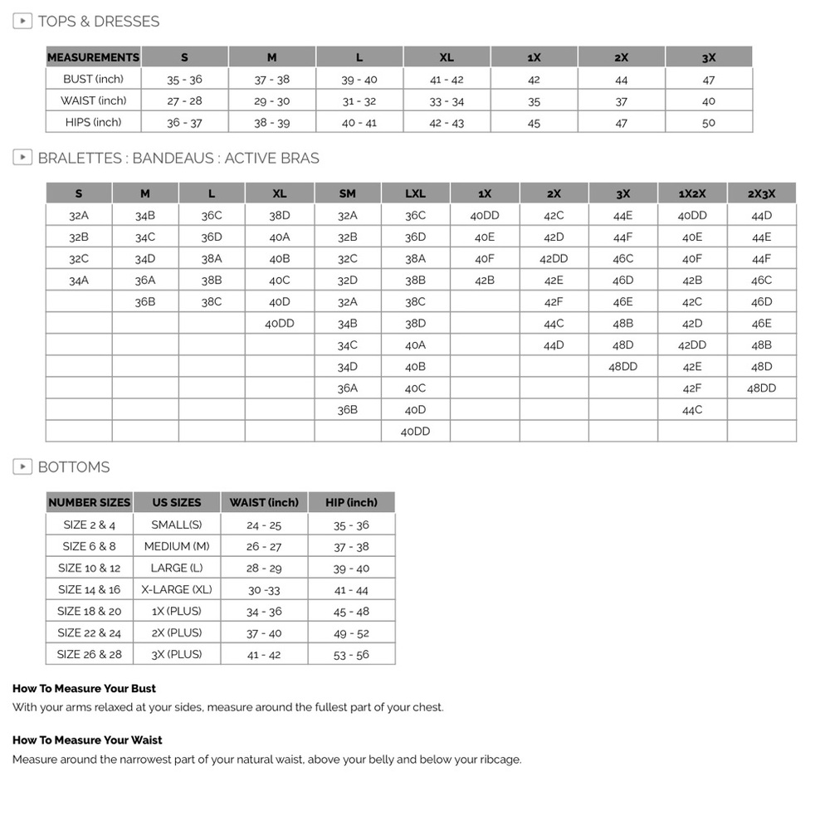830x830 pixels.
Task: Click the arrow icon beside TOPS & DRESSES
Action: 22,21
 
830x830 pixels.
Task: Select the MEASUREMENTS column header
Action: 93,57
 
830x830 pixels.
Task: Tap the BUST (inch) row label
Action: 93,80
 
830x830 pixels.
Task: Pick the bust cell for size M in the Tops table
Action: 272,80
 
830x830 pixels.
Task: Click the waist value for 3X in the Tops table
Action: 708,101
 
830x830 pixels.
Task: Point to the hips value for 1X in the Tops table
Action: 534,123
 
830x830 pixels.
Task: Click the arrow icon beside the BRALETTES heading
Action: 22,158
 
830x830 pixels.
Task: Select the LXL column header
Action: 415,193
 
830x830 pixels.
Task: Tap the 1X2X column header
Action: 692,193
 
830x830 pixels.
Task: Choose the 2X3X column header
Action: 761,193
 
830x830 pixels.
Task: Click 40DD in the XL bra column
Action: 280,324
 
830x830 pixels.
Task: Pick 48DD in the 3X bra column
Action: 622,367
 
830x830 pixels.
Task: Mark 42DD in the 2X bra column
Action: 554,259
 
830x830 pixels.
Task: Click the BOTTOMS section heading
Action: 73,467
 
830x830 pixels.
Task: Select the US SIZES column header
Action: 177,503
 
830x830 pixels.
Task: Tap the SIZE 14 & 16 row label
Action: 89,589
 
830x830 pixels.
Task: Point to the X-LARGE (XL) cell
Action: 177,589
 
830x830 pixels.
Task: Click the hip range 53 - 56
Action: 351,655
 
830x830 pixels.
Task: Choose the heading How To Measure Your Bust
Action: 84,689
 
